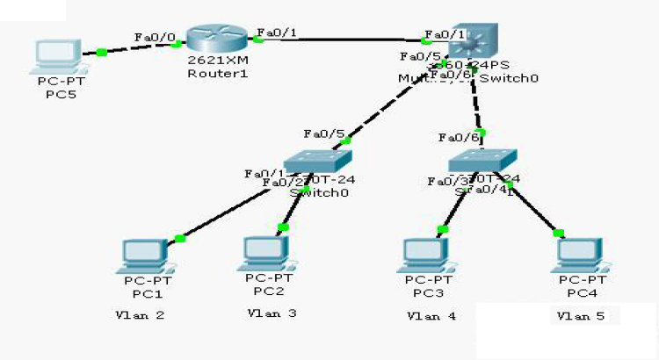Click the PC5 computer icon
pyautogui.click(x=54, y=56)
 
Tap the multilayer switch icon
pyautogui.click(x=471, y=42)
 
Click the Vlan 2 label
pyautogui.click(x=140, y=314)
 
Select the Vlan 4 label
pyautogui.click(x=431, y=315)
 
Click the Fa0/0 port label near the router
pyautogui.click(x=155, y=37)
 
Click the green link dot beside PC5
pyautogui.click(x=102, y=52)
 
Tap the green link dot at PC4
pyautogui.click(x=556, y=233)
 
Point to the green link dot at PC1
pyautogui.click(x=180, y=238)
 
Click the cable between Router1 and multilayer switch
pyautogui.click(x=343, y=39)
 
